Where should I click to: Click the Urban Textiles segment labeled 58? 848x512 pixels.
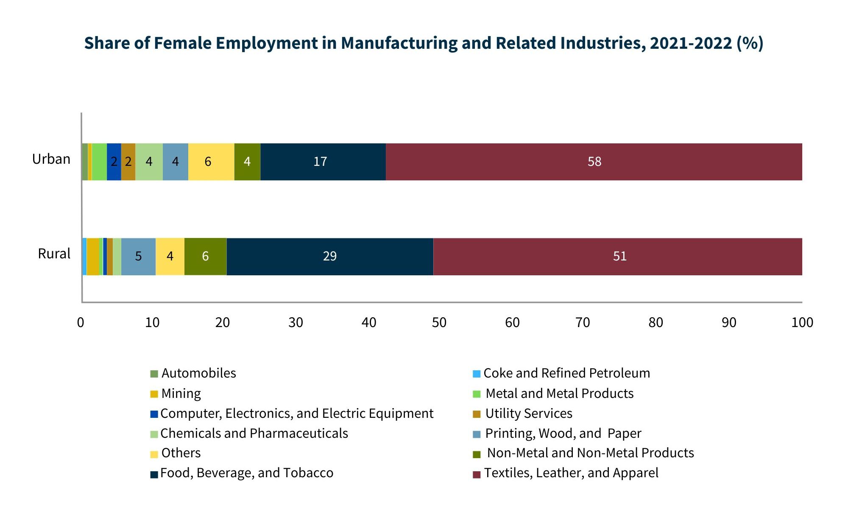point(594,162)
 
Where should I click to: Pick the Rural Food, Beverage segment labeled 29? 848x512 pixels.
point(330,256)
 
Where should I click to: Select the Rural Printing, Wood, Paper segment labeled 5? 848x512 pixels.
point(138,256)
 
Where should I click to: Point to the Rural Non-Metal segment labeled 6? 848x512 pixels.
point(205,256)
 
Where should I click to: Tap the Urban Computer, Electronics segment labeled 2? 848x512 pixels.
point(114,162)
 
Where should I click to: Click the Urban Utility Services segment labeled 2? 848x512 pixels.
point(128,162)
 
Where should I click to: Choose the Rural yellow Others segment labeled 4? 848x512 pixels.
point(170,256)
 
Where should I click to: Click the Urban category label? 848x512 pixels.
point(51,159)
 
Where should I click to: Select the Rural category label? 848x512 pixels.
point(54,254)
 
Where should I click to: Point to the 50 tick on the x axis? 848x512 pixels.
point(439,323)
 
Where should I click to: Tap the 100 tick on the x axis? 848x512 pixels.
point(802,323)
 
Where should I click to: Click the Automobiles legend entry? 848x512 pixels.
point(198,373)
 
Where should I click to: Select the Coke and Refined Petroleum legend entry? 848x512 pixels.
point(566,373)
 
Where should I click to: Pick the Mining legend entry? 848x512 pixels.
point(181,394)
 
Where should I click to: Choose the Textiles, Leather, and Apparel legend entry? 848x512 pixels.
point(571,473)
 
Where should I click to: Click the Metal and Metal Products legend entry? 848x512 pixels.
point(559,394)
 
